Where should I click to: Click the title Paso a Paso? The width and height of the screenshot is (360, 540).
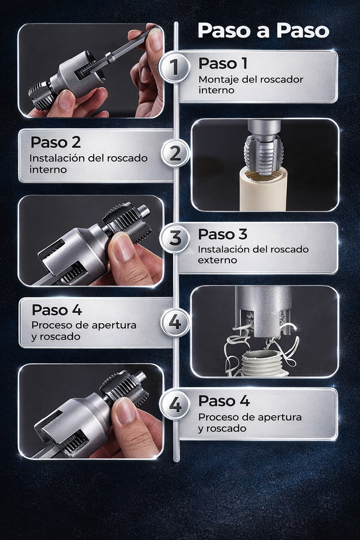(x=263, y=31)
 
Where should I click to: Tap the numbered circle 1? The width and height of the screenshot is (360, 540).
(x=175, y=67)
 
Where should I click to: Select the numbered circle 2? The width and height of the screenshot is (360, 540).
(x=175, y=154)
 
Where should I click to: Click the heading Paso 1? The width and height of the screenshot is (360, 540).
(x=223, y=63)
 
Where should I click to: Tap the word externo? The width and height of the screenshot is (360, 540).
(x=216, y=260)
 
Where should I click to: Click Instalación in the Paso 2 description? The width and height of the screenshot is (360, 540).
(x=57, y=159)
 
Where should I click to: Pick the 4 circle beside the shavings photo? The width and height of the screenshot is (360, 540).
(x=175, y=322)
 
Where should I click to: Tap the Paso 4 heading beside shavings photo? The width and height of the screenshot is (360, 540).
(x=57, y=310)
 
